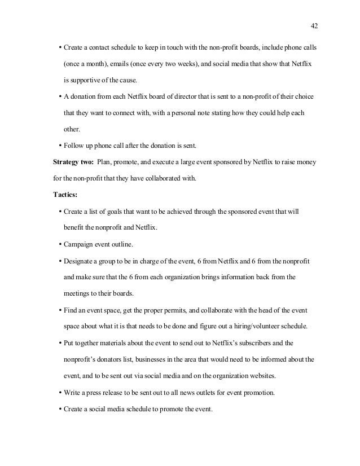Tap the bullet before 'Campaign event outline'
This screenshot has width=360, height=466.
point(60,245)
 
